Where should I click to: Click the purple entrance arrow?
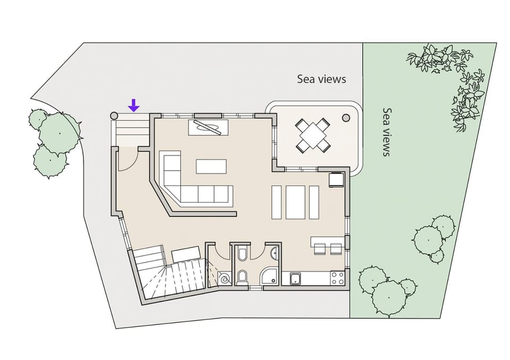click(134, 105)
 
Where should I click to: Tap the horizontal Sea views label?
click(321, 79)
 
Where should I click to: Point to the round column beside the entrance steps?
click(114, 115)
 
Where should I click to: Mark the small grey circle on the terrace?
click(346, 118)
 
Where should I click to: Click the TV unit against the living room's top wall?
click(209, 128)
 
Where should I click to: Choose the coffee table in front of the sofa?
click(211, 166)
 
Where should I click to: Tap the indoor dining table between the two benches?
click(295, 202)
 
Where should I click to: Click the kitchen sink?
click(295, 278)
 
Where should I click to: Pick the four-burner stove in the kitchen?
click(337, 277)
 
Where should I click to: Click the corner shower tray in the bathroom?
click(270, 276)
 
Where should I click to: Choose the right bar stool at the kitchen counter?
click(336, 248)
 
